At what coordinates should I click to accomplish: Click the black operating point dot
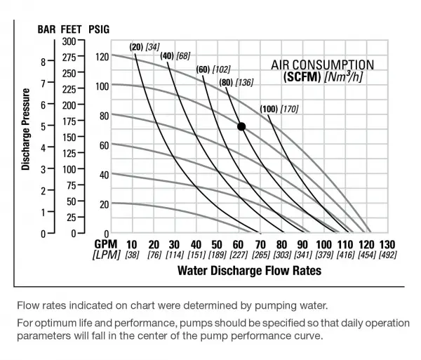(241, 126)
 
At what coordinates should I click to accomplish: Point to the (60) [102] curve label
(213, 69)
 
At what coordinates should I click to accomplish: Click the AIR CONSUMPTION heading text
(322, 65)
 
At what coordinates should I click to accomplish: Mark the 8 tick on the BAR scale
(43, 61)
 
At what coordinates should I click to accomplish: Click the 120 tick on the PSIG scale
(102, 57)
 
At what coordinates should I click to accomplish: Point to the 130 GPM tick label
(387, 244)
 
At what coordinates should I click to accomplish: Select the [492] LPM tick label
(387, 255)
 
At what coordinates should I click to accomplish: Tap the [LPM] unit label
(107, 255)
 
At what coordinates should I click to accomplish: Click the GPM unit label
(107, 244)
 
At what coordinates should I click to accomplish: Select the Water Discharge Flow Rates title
(250, 270)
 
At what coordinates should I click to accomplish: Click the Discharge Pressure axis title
(25, 130)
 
